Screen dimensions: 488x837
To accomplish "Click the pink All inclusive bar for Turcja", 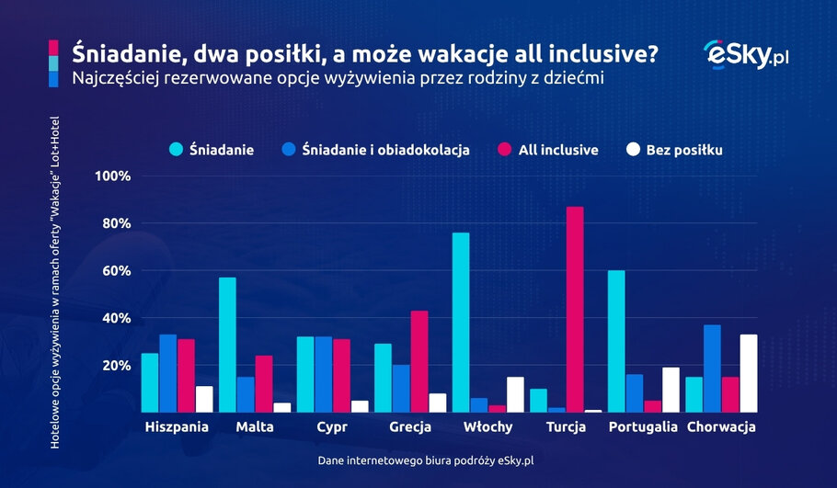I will click(x=575, y=310).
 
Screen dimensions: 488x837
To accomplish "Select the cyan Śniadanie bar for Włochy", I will click(x=461, y=323).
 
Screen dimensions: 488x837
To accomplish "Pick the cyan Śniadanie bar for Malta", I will click(x=228, y=345).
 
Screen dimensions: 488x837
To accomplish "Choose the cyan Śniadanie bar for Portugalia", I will click(x=616, y=341).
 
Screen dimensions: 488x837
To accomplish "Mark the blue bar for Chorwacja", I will click(x=712, y=369).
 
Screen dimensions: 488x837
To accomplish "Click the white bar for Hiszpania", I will click(x=204, y=399).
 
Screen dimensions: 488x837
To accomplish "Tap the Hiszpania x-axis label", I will click(x=178, y=427).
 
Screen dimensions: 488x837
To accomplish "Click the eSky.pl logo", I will click(x=746, y=54).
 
